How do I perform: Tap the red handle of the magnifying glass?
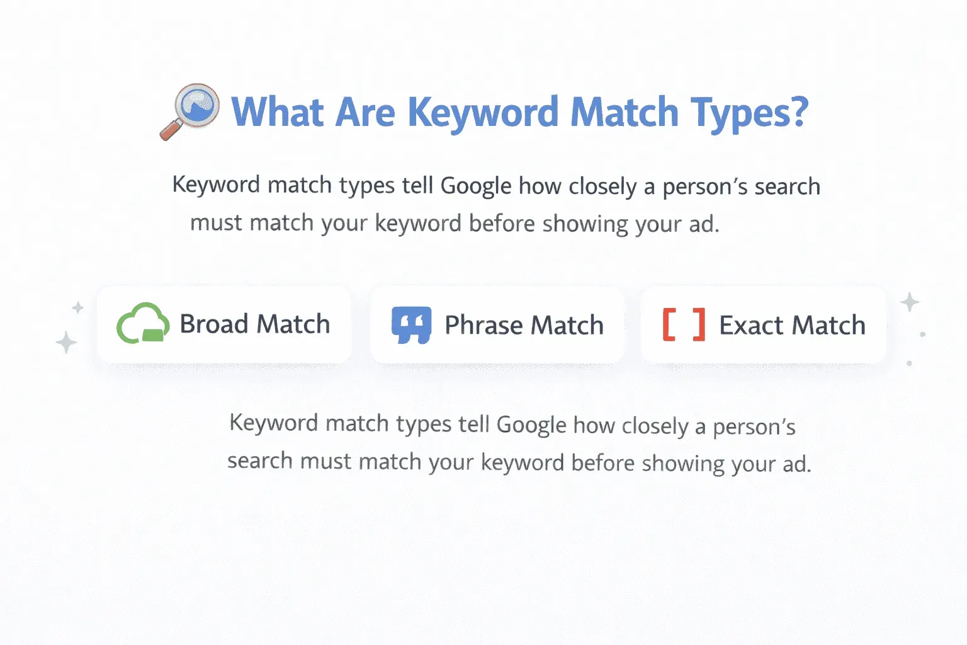tap(171, 130)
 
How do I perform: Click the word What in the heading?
tap(277, 112)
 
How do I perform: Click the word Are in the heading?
tap(366, 112)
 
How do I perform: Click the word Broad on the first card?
tap(214, 324)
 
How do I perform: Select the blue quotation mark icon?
tap(411, 324)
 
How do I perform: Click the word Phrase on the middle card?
tap(483, 325)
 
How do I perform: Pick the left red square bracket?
tap(669, 324)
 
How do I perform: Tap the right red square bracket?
tap(698, 324)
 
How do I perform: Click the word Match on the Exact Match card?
tap(828, 325)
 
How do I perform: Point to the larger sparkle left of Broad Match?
tap(66, 343)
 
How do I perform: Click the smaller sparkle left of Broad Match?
tap(78, 307)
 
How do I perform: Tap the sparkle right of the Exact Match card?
tap(910, 302)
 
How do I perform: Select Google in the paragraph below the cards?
tap(531, 425)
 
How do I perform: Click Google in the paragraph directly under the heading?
tap(476, 186)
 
